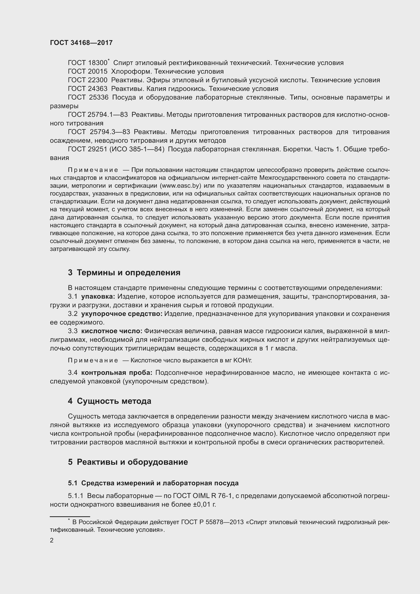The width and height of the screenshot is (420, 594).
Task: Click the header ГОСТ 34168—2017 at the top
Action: tap(81, 43)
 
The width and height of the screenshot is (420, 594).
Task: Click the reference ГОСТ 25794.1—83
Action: tap(98, 115)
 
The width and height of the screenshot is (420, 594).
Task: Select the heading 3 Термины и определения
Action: tap(124, 273)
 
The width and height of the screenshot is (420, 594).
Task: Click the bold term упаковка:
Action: tap(98, 297)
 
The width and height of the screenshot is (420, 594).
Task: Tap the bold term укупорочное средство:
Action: tap(122, 314)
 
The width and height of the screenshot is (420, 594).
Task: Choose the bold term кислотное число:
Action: tap(112, 331)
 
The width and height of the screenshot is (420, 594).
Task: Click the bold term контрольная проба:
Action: tap(117, 373)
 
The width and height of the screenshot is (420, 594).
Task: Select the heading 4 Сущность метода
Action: tap(110, 401)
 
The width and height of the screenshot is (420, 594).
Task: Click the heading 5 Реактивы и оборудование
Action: tap(128, 462)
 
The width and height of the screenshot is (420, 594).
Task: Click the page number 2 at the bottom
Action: tap(52, 540)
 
